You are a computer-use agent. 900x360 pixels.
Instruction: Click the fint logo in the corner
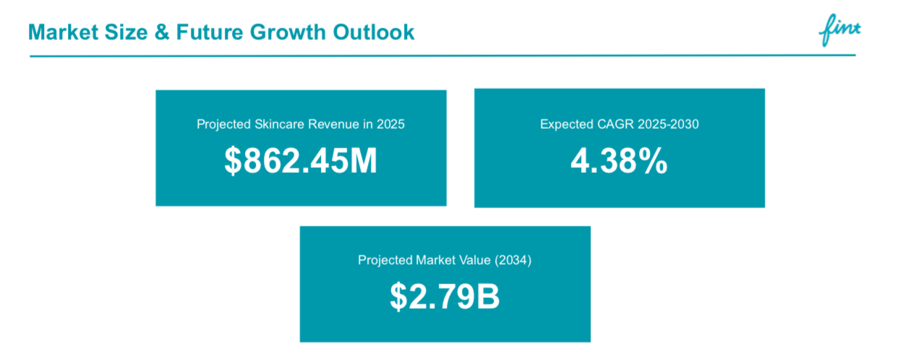pos(841,30)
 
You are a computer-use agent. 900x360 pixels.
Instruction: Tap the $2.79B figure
pos(445,298)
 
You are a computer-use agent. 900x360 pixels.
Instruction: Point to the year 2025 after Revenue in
pos(390,124)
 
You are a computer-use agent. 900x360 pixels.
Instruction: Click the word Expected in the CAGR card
pos(566,124)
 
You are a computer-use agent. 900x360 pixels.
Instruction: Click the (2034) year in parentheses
pos(513,260)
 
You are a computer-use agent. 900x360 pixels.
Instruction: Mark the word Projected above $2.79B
pos(385,260)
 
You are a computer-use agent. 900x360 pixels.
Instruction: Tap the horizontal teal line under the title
pos(441,55)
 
